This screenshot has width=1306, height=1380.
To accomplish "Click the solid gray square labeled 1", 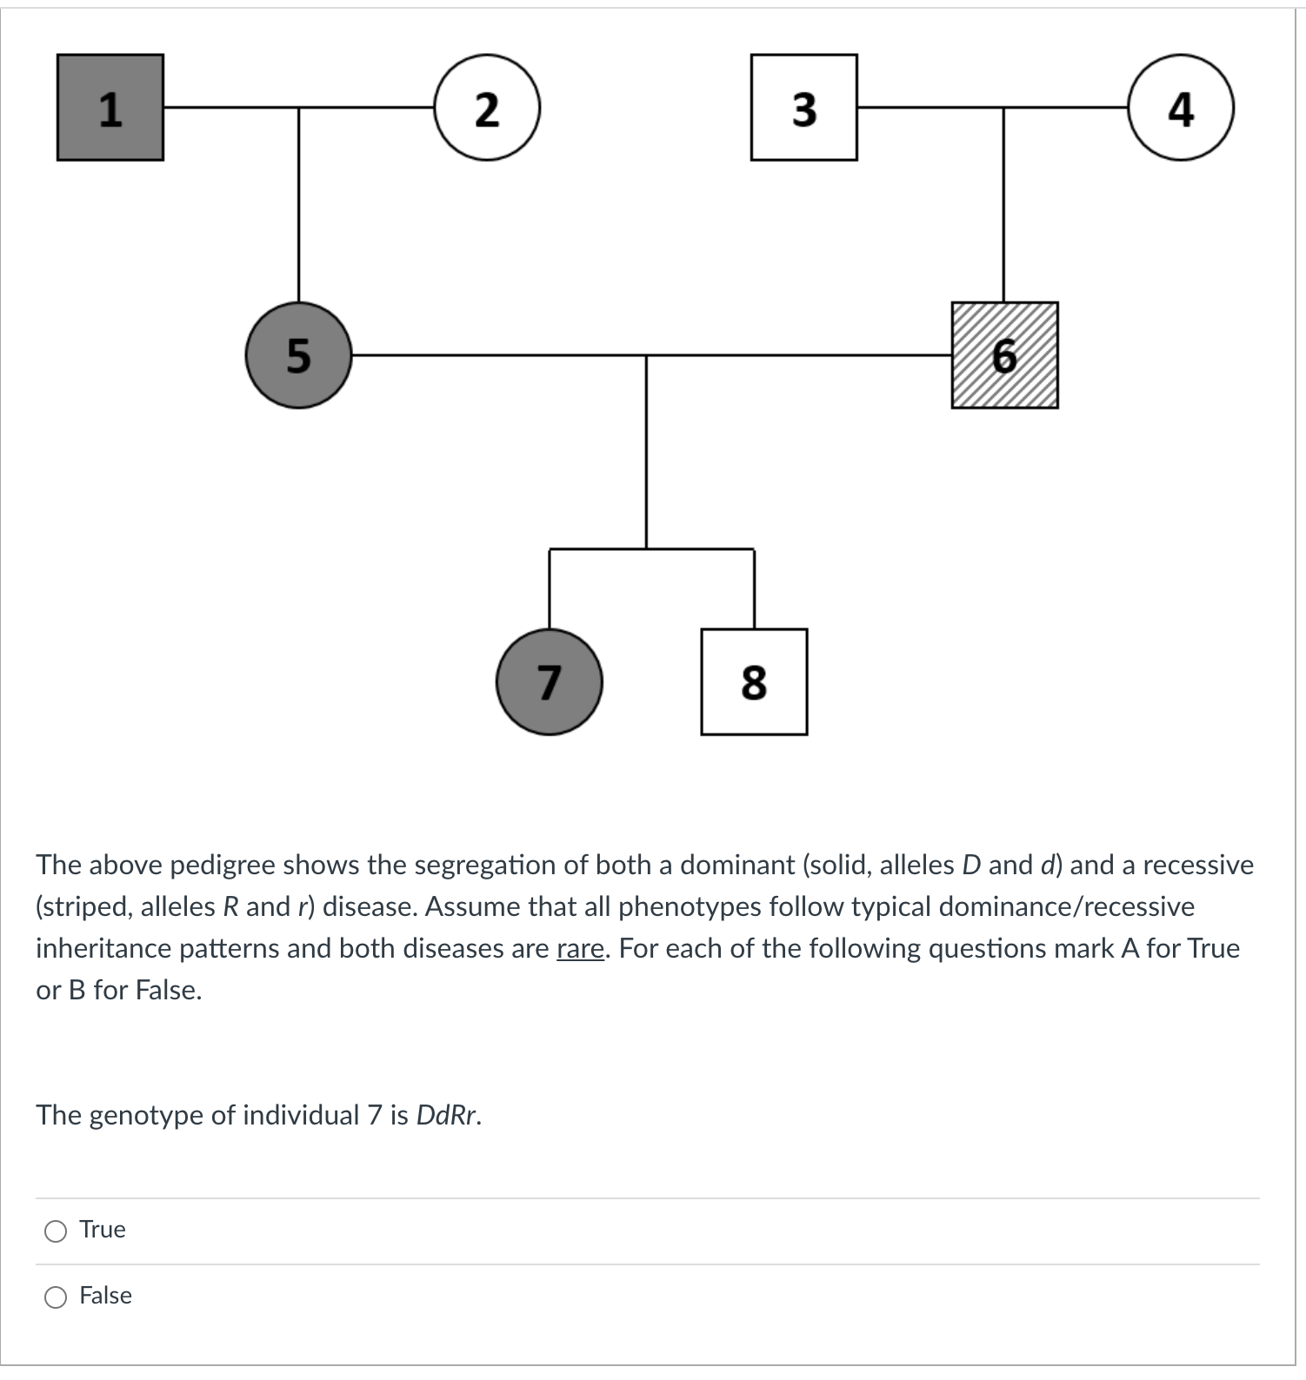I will tap(110, 108).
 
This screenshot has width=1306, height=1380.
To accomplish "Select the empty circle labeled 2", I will tap(487, 108).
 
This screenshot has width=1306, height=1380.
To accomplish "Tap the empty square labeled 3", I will tap(803, 108).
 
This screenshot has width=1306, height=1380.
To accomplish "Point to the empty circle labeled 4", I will tap(1180, 108).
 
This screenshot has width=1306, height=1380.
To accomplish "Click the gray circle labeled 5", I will tap(298, 355).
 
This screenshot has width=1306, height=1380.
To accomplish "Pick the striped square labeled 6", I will tap(1004, 355).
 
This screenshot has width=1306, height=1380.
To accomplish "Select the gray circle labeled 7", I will tap(549, 681).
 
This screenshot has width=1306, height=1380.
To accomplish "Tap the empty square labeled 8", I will tap(754, 681).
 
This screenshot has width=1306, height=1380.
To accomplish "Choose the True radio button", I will tap(56, 1231).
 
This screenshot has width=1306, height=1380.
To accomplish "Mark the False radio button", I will tap(56, 1297).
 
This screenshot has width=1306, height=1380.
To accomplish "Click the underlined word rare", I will tap(580, 948).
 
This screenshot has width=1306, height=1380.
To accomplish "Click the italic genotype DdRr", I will tap(448, 1115).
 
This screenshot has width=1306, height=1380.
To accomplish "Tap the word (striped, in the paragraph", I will tap(84, 906).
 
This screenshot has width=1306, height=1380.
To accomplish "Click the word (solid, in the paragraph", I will tap(836, 865).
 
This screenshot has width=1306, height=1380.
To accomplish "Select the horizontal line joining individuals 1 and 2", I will tap(365, 108).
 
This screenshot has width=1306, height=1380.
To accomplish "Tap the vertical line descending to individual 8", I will tap(754, 589).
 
